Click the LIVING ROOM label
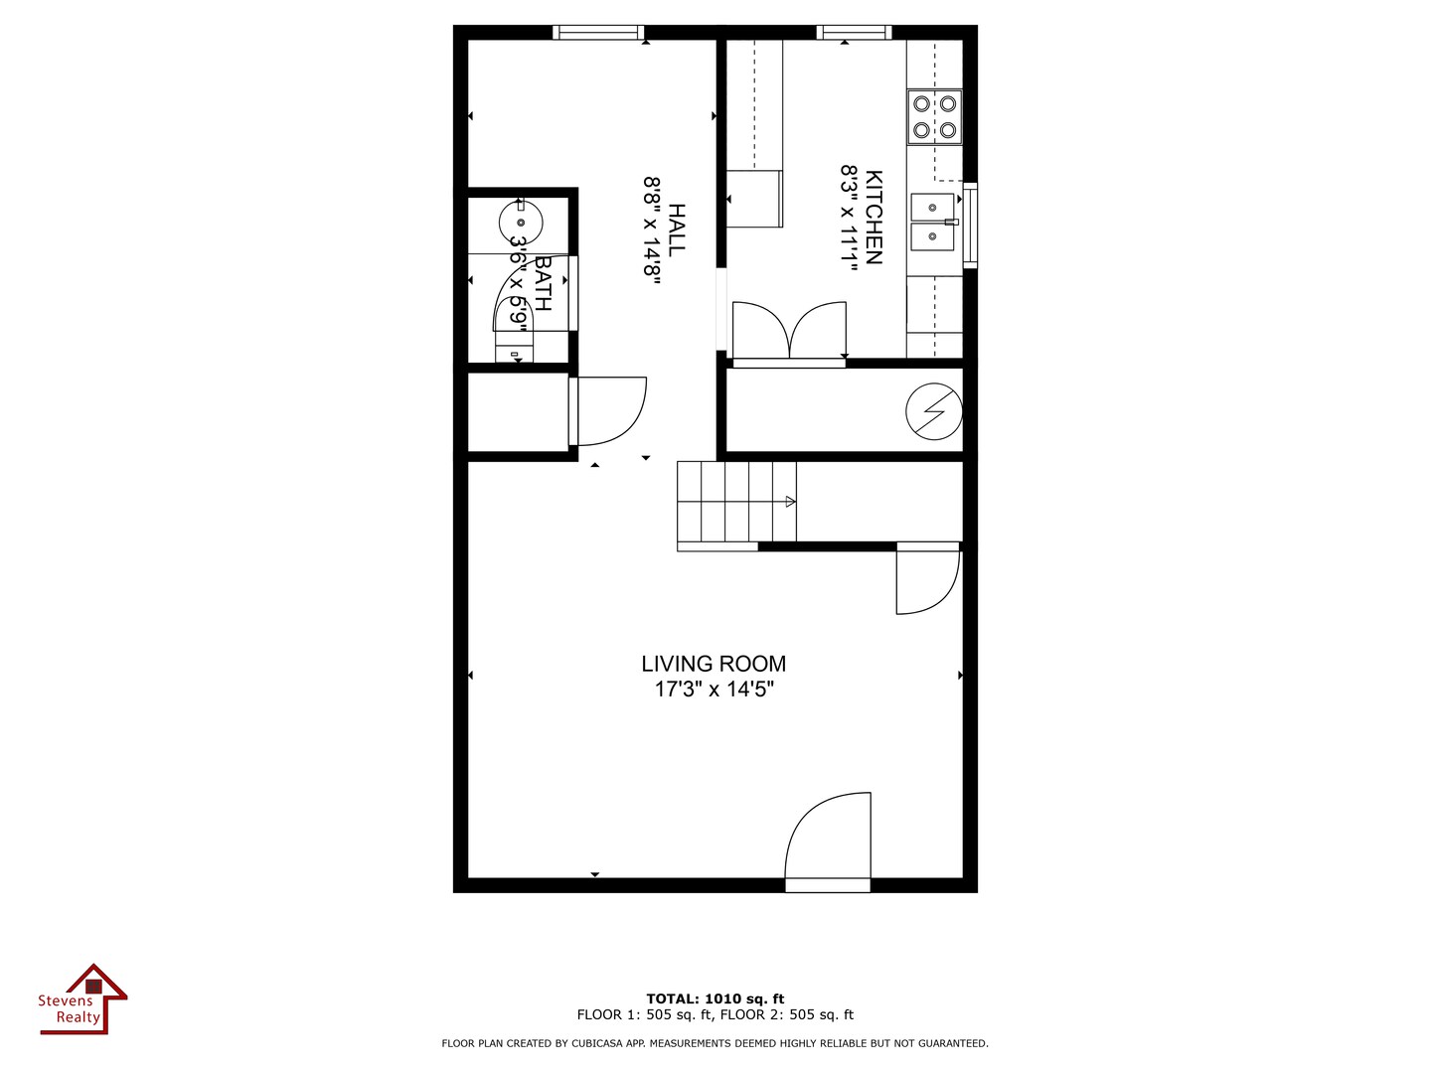click(x=714, y=664)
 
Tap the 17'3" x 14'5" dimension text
click(x=714, y=690)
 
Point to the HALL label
click(x=677, y=230)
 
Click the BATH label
click(x=543, y=283)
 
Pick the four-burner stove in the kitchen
click(x=934, y=116)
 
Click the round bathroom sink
click(x=520, y=221)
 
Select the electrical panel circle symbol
click(x=934, y=409)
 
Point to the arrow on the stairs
click(x=790, y=502)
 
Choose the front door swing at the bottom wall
click(x=828, y=837)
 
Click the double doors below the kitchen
click(x=789, y=332)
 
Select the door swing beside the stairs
click(x=927, y=579)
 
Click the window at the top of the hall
click(x=598, y=33)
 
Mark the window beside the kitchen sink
click(x=970, y=225)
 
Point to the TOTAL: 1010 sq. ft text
click(x=715, y=998)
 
